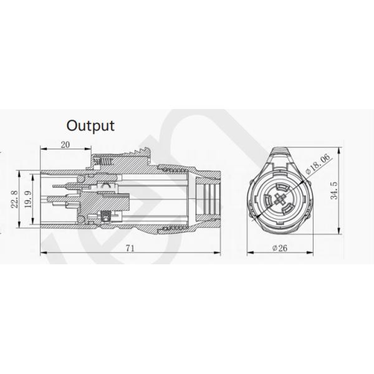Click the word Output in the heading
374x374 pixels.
click(x=91, y=125)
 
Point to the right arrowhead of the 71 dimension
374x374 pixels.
click(x=222, y=254)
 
